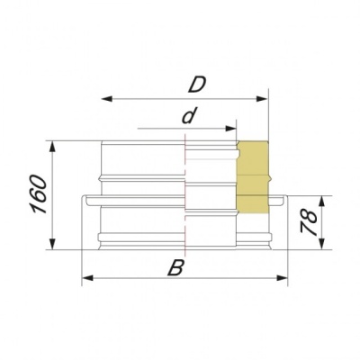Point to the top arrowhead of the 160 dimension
56,145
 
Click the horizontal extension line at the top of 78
306,193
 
